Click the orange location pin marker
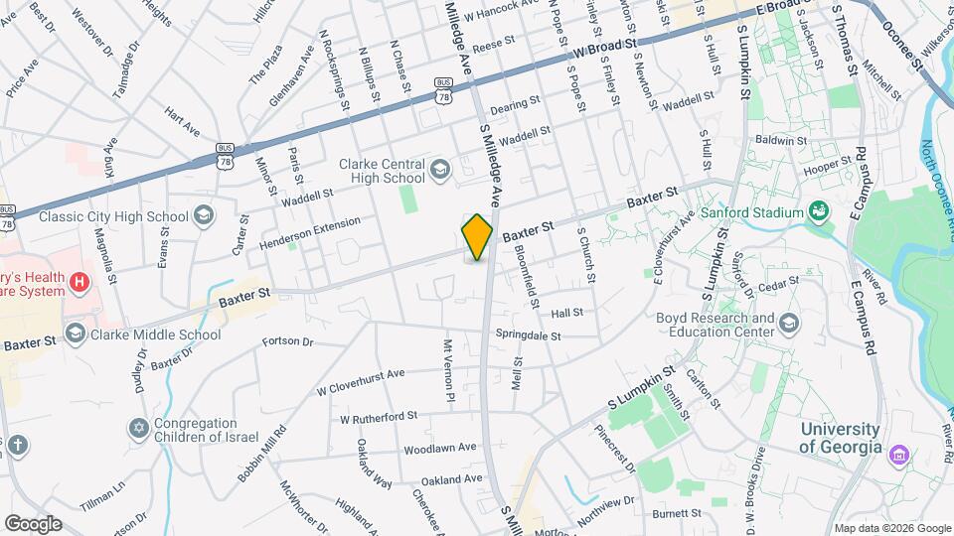tap(477, 236)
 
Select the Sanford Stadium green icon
tap(820, 211)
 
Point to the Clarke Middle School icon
tap(76, 335)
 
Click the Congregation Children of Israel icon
tap(138, 429)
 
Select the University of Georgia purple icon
tap(900, 455)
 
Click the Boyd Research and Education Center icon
tap(789, 325)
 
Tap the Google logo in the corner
tap(33, 523)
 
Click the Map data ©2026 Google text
tap(892, 528)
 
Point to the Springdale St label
tap(529, 334)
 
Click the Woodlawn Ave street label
tap(439, 449)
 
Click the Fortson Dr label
tap(287, 342)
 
